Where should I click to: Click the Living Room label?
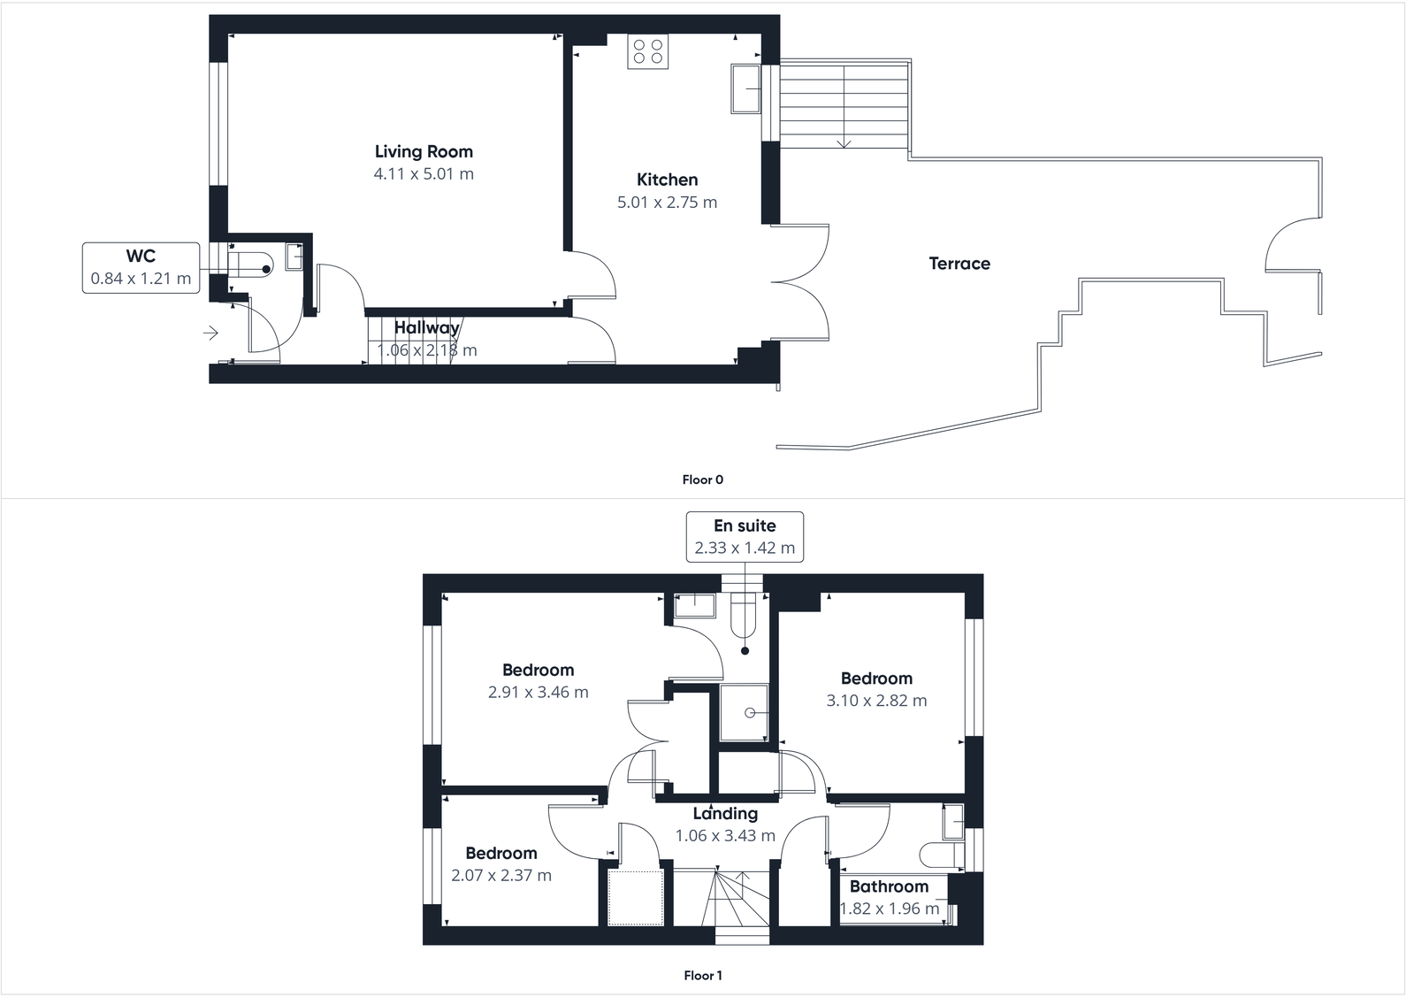[424, 152]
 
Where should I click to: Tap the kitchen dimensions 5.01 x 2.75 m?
[667, 203]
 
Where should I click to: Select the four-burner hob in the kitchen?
[648, 51]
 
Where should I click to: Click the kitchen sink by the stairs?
[745, 88]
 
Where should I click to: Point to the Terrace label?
[959, 264]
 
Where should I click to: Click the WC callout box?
[141, 267]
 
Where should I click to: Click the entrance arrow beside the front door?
[210, 333]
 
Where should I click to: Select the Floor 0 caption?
[702, 479]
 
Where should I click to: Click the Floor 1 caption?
[702, 976]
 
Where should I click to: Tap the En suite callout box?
[745, 536]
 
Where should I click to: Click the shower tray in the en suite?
[744, 712]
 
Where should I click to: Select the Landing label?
[725, 814]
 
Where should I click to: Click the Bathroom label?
[889, 886]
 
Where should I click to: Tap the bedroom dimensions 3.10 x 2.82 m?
[876, 701]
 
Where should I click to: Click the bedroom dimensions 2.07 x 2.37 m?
[501, 876]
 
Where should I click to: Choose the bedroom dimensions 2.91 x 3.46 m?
[538, 693]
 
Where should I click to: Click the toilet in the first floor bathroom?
[940, 855]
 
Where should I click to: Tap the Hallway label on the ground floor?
[427, 328]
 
